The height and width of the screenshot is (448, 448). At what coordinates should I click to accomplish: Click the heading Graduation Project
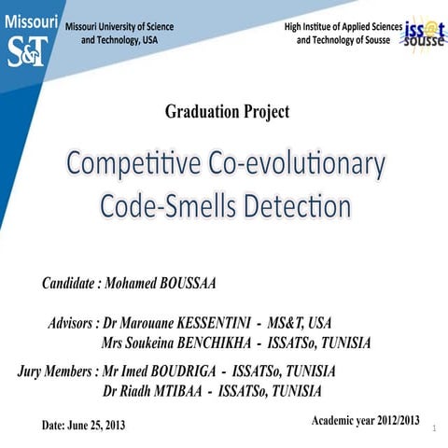[x=227, y=112]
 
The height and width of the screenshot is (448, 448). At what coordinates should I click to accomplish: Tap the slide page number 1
[x=435, y=436]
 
